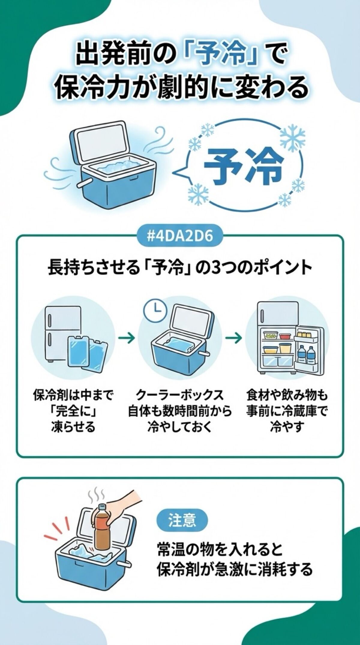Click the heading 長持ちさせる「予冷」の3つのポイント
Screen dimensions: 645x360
[x=180, y=268]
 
